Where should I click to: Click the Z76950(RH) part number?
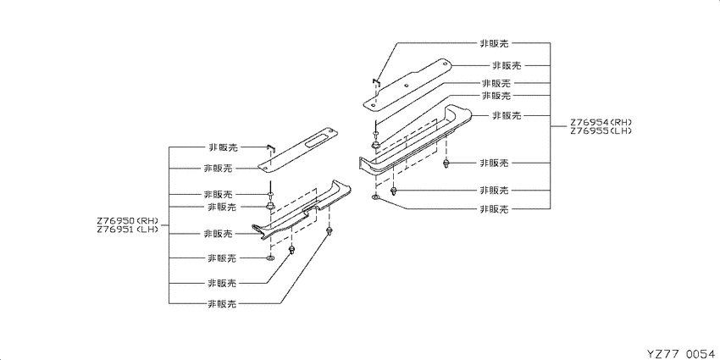[x=127, y=220]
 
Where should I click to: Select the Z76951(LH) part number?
[x=127, y=229]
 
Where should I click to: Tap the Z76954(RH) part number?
[x=601, y=123]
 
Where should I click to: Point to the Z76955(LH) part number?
[x=601, y=130]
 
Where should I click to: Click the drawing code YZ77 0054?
[x=681, y=353]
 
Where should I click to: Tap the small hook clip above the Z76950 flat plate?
[x=270, y=147]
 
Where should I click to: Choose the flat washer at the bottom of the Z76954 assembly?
[x=375, y=198]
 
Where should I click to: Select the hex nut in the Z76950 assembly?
[x=270, y=206]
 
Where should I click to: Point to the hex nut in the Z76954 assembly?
[x=375, y=146]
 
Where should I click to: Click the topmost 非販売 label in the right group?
[x=495, y=43]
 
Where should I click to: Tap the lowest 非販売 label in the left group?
[x=222, y=303]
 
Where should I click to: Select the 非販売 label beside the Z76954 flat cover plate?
[x=507, y=66]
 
